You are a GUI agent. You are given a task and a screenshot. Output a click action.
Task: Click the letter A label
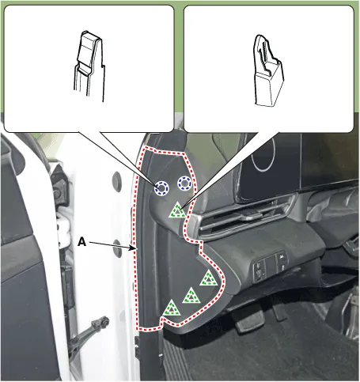(x=81, y=241)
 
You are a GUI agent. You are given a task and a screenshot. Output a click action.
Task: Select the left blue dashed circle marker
(x=161, y=188)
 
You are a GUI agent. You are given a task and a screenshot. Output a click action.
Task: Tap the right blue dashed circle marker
(x=184, y=183)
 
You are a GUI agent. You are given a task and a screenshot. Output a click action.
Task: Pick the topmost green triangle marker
(x=178, y=210)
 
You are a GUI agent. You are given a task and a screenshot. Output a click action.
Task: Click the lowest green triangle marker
(x=172, y=308)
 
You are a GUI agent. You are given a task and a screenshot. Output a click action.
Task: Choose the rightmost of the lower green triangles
(x=209, y=278)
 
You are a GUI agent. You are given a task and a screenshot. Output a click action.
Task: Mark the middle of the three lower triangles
(x=191, y=296)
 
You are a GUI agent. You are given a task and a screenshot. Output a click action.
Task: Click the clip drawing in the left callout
(x=89, y=66)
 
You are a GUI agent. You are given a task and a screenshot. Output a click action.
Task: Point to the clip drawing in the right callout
(x=268, y=70)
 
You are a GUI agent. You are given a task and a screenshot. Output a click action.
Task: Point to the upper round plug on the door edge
(x=116, y=181)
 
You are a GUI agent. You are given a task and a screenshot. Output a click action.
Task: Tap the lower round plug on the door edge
(x=117, y=248)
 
